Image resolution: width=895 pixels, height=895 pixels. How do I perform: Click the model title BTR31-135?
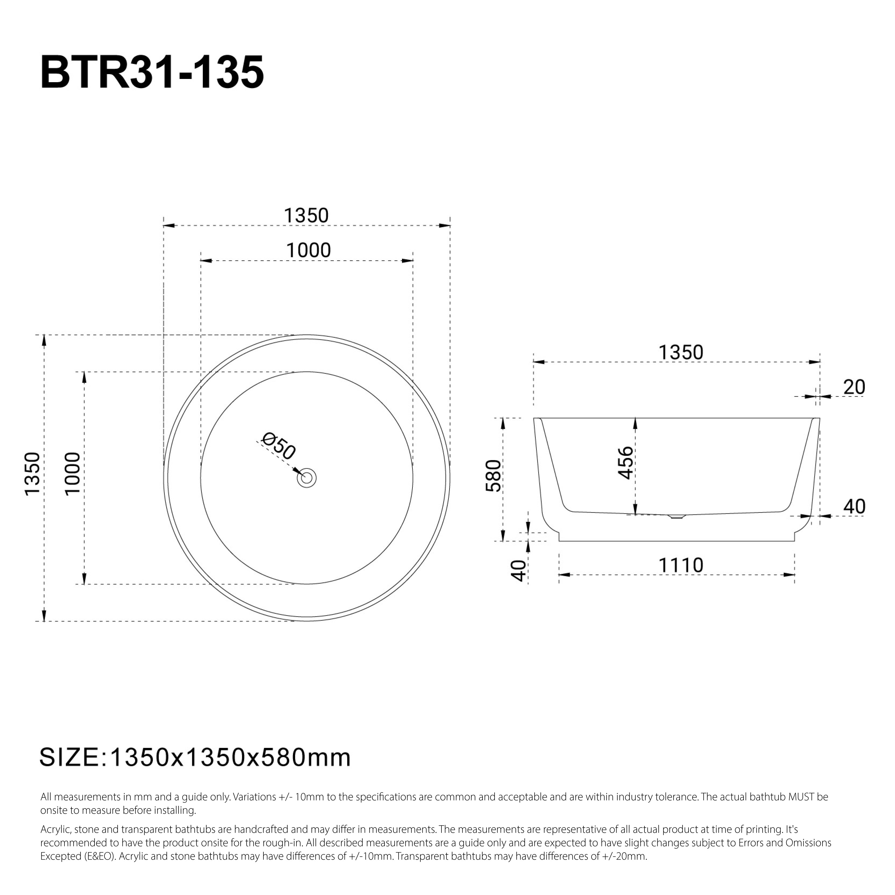(x=152, y=73)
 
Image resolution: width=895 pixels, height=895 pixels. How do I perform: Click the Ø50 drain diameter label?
(x=278, y=446)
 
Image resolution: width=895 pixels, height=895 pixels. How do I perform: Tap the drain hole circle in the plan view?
(x=307, y=478)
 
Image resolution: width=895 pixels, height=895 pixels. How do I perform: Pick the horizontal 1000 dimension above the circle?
(x=308, y=251)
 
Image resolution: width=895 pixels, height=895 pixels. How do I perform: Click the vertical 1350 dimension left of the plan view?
(x=33, y=474)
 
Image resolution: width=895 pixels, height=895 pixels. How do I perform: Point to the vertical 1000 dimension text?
(x=73, y=474)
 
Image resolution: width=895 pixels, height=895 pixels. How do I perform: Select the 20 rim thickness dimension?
(x=854, y=387)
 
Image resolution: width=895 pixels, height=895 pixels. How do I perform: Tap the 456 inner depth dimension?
(x=625, y=462)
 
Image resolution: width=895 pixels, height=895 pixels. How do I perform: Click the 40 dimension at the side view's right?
(x=854, y=506)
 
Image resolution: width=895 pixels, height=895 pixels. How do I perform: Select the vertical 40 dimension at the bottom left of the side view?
(x=519, y=571)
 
